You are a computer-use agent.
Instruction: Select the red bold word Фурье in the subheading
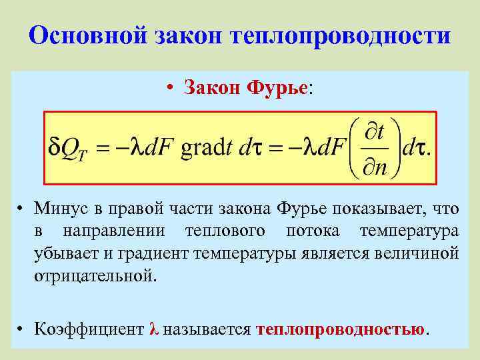[x=277, y=87]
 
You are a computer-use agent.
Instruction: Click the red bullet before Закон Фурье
[x=171, y=88]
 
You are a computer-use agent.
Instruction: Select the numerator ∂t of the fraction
[x=374, y=132]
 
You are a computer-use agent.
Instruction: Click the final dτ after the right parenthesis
[x=416, y=147]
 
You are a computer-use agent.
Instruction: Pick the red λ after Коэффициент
[x=154, y=329]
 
